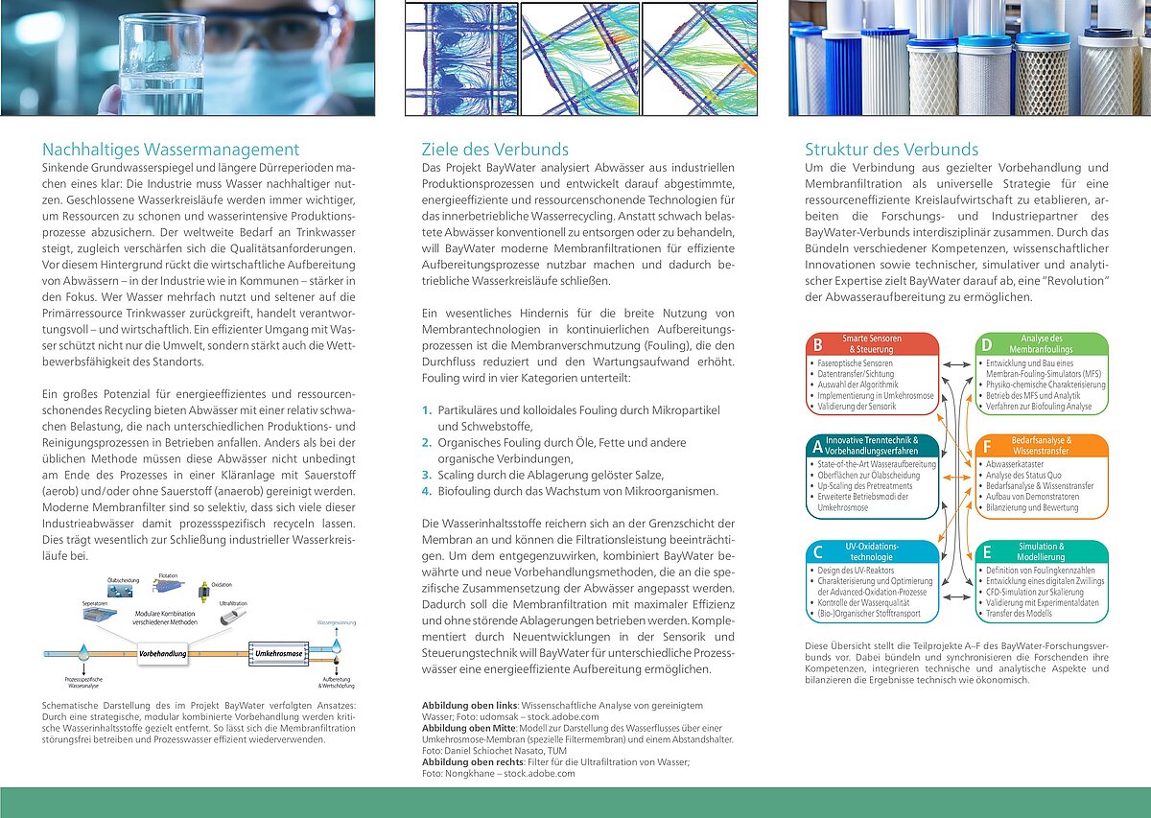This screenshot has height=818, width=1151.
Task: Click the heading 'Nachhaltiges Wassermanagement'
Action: coord(171,150)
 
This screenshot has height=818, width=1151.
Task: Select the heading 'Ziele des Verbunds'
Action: coord(495,150)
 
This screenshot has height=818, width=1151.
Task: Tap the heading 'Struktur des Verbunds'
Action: coord(891,150)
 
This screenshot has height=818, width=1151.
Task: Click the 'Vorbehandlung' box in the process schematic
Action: coord(162,653)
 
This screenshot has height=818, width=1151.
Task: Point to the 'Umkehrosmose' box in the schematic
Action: coord(278,653)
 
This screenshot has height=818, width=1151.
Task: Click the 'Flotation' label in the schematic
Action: coord(169,576)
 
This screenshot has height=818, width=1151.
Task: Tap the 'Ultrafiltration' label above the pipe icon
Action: coord(233,603)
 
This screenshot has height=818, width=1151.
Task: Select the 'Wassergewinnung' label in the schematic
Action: coord(336,623)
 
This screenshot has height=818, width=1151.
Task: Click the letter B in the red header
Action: coord(817,344)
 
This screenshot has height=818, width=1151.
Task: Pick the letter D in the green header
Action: coord(986,344)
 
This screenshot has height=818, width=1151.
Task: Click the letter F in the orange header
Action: coord(986,446)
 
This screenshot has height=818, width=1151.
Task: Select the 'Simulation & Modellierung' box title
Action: coord(1041,552)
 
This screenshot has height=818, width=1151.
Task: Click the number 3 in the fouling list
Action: coord(427,475)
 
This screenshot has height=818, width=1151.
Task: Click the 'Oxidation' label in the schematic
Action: coord(222,583)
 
